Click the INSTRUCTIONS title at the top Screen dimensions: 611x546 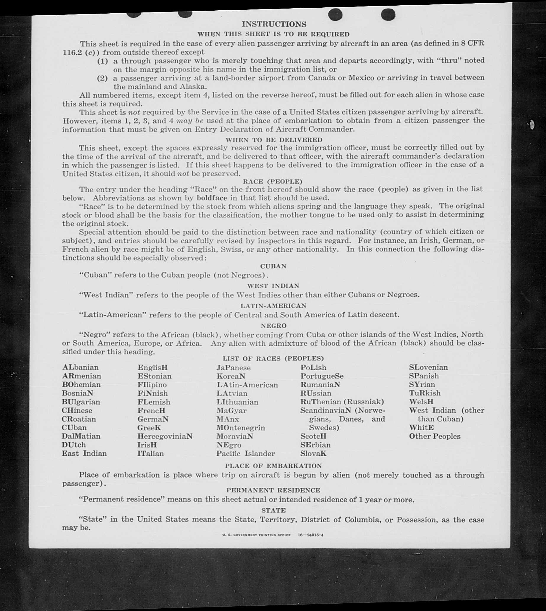(274, 24)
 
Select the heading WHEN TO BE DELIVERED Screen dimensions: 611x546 (274, 140)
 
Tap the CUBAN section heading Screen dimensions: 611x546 (273, 266)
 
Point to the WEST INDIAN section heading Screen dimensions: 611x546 (273, 286)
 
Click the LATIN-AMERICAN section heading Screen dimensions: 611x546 (273, 306)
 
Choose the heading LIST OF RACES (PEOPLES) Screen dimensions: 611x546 (273, 359)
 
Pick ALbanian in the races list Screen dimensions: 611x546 (80, 368)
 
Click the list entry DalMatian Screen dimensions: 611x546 (81, 436)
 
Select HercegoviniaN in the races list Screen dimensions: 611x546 (165, 436)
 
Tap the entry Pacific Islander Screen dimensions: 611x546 (245, 454)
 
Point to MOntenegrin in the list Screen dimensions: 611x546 (241, 428)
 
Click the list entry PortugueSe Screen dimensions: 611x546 (322, 376)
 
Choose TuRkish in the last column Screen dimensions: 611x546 (425, 393)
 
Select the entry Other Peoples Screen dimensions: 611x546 (434, 436)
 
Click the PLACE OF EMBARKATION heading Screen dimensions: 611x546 (273, 466)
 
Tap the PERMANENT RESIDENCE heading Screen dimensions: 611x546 (273, 490)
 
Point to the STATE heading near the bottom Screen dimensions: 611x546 (273, 510)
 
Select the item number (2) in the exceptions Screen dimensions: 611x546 (102, 78)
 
